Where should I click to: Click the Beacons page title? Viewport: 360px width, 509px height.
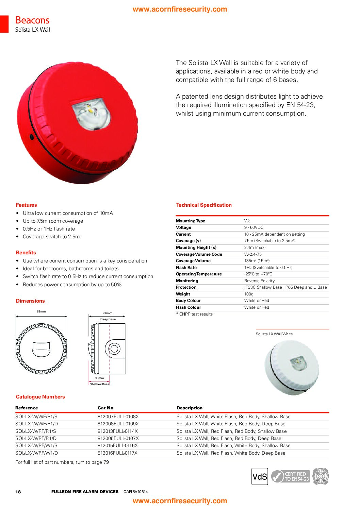point(32,20)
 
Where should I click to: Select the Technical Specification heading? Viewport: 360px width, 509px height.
point(204,205)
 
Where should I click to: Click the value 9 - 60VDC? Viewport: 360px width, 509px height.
point(254,227)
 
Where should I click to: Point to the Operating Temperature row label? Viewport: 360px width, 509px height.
point(199,274)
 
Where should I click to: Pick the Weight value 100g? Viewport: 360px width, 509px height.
point(249,294)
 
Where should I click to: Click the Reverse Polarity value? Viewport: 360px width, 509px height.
point(259,281)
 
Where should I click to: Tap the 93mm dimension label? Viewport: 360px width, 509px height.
point(41,311)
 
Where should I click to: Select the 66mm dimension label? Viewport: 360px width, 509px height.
point(108,313)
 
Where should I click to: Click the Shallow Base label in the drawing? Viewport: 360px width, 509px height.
point(99,384)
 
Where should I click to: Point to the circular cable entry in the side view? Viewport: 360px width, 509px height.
point(114,349)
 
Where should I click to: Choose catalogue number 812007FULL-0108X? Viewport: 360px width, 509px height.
point(118,417)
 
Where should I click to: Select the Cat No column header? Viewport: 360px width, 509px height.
point(105,408)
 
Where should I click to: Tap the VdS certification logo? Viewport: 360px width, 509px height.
point(260,476)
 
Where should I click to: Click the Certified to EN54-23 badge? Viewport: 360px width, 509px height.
point(291,476)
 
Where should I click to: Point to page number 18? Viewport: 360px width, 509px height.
point(18,492)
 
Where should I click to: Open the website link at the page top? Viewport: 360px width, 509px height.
point(180,9)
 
